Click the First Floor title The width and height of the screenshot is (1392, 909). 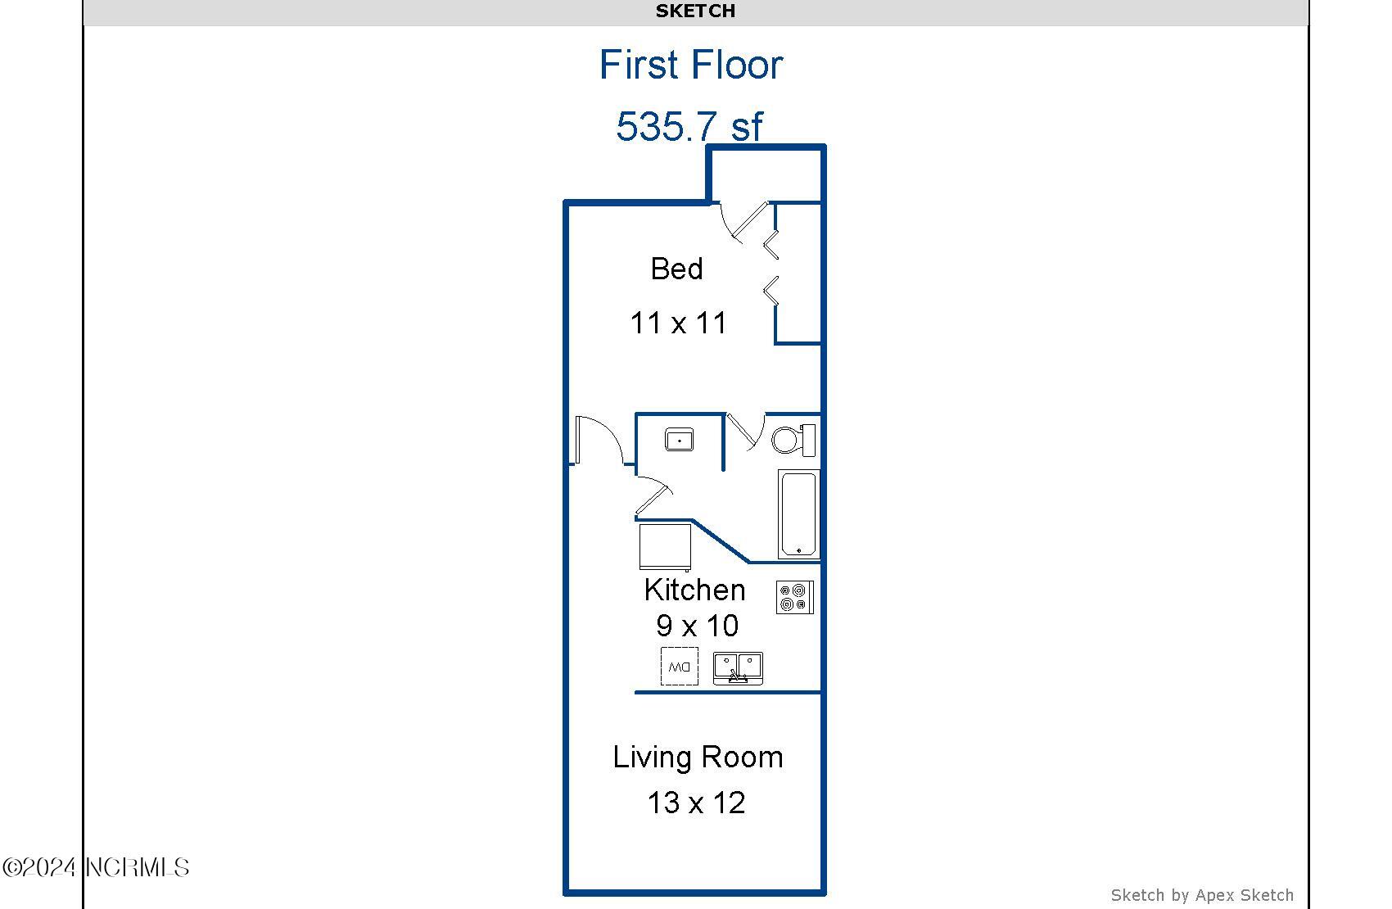pyautogui.click(x=691, y=65)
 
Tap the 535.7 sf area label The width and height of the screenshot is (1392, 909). pyautogui.click(x=689, y=127)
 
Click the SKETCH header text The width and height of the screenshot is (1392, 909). pyautogui.click(x=695, y=11)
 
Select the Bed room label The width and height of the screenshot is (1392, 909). pyautogui.click(x=676, y=269)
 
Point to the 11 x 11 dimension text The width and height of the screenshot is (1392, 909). pyautogui.click(x=678, y=323)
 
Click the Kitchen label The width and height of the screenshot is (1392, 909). pyautogui.click(x=694, y=590)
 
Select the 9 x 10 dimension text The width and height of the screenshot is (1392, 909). pyautogui.click(x=697, y=626)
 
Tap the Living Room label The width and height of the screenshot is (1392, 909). pyautogui.click(x=698, y=757)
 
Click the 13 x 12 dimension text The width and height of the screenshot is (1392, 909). pyautogui.click(x=696, y=803)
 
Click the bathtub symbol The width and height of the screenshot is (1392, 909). pyautogui.click(x=798, y=514)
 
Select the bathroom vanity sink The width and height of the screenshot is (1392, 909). pyautogui.click(x=679, y=440)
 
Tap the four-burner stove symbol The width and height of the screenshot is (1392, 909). pyautogui.click(x=794, y=597)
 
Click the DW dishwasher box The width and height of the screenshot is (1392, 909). pyautogui.click(x=680, y=667)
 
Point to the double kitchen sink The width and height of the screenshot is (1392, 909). pyautogui.click(x=737, y=667)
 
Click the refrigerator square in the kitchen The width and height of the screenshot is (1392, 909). pyautogui.click(x=664, y=547)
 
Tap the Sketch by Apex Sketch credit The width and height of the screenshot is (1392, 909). pyautogui.click(x=1201, y=895)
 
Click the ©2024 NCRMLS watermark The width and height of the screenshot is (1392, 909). pyautogui.click(x=96, y=867)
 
